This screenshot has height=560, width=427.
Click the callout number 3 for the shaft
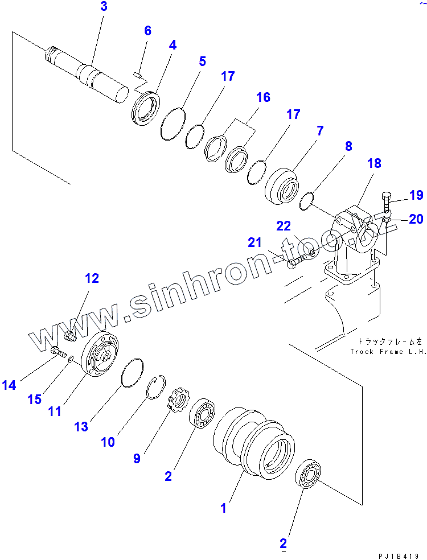[x=104, y=7]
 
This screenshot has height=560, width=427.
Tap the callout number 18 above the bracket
[x=374, y=164]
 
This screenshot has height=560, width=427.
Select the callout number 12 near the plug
[x=92, y=278]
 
